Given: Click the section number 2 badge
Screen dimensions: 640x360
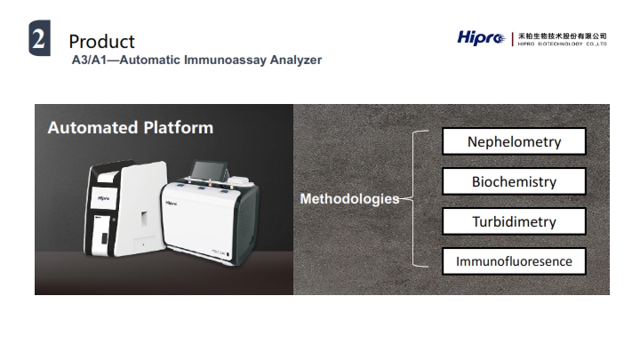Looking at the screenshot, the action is point(40,38).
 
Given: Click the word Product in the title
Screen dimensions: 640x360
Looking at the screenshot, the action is point(101,41).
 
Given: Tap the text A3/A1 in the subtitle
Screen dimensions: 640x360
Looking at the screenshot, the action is point(89,60).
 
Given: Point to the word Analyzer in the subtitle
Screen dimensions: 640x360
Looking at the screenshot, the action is point(296,60).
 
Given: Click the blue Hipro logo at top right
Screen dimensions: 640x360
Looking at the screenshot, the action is point(481,38).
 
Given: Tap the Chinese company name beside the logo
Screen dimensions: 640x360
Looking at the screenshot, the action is point(562,36).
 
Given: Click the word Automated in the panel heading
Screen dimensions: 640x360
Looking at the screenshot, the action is point(92,127).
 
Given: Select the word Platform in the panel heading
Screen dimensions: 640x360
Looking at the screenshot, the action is point(179,127).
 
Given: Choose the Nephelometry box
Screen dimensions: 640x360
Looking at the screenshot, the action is point(514,141).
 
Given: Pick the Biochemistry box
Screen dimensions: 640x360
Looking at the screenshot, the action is point(514,181).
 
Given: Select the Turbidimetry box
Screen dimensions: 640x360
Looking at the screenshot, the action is point(514,221).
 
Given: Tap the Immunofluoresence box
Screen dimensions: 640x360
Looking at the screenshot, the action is point(514,260).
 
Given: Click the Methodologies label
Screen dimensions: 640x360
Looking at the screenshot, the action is point(349,199).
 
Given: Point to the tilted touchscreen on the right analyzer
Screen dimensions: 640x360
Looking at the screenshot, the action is point(209,170).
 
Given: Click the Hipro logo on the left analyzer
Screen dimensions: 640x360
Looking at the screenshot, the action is point(103,198).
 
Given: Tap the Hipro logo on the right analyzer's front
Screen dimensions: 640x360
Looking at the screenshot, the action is point(172,203).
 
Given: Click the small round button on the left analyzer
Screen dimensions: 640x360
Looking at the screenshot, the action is point(114,220).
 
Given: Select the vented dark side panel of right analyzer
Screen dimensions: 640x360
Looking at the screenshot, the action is point(246,220).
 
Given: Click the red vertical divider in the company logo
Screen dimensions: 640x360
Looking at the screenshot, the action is point(512,39).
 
